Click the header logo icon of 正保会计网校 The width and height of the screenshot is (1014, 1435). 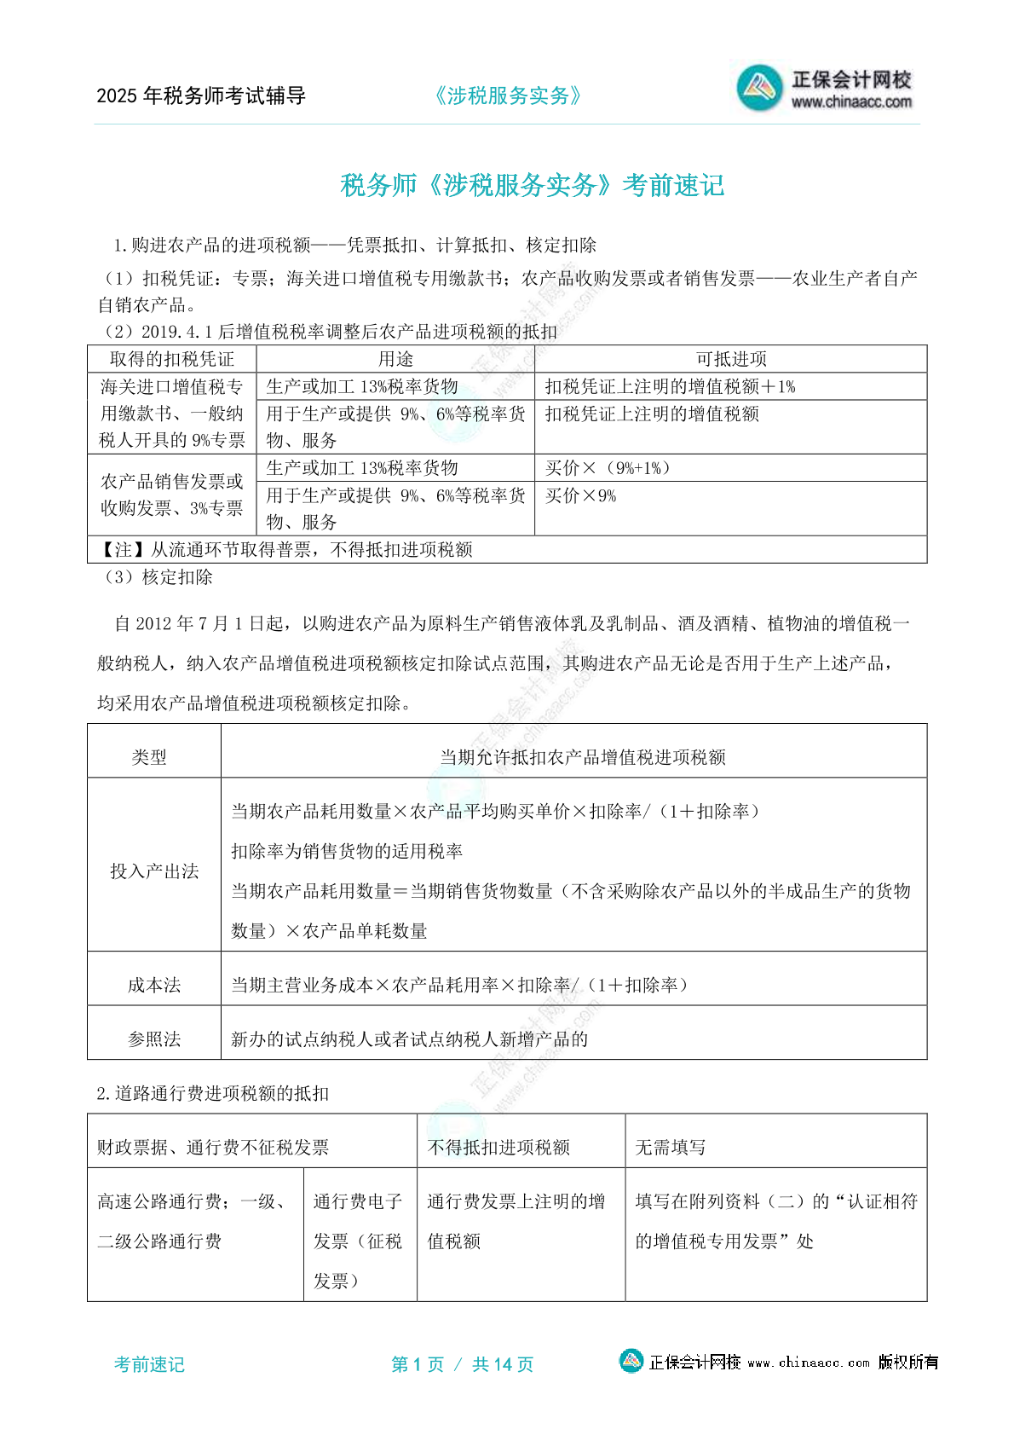[759, 87]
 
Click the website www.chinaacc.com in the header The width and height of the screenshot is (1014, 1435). [851, 102]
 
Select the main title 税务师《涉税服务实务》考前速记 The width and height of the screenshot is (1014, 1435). [532, 185]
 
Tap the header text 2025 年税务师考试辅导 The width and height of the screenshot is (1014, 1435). [201, 95]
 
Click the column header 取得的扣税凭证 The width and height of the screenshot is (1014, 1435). [171, 359]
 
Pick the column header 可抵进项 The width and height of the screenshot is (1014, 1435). [730, 359]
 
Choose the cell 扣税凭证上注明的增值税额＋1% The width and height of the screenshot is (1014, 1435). [670, 386]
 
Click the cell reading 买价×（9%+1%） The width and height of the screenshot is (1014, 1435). [608, 468]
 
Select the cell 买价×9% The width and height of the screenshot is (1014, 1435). [580, 495]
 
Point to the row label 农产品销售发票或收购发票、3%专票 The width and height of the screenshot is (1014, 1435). [171, 495]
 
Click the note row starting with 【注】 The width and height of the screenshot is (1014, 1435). [285, 550]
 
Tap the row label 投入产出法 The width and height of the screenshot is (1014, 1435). [154, 871]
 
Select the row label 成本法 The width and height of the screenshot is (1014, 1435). [154, 985]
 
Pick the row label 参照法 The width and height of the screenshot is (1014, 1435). [154, 1039]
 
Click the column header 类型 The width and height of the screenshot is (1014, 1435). [149, 756]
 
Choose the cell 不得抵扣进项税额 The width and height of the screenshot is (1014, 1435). [498, 1147]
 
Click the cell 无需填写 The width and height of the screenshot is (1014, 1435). [670, 1147]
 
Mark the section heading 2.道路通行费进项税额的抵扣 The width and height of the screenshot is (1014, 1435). [212, 1093]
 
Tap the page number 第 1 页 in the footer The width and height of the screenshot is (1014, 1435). [418, 1364]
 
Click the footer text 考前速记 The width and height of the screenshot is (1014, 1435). [149, 1364]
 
